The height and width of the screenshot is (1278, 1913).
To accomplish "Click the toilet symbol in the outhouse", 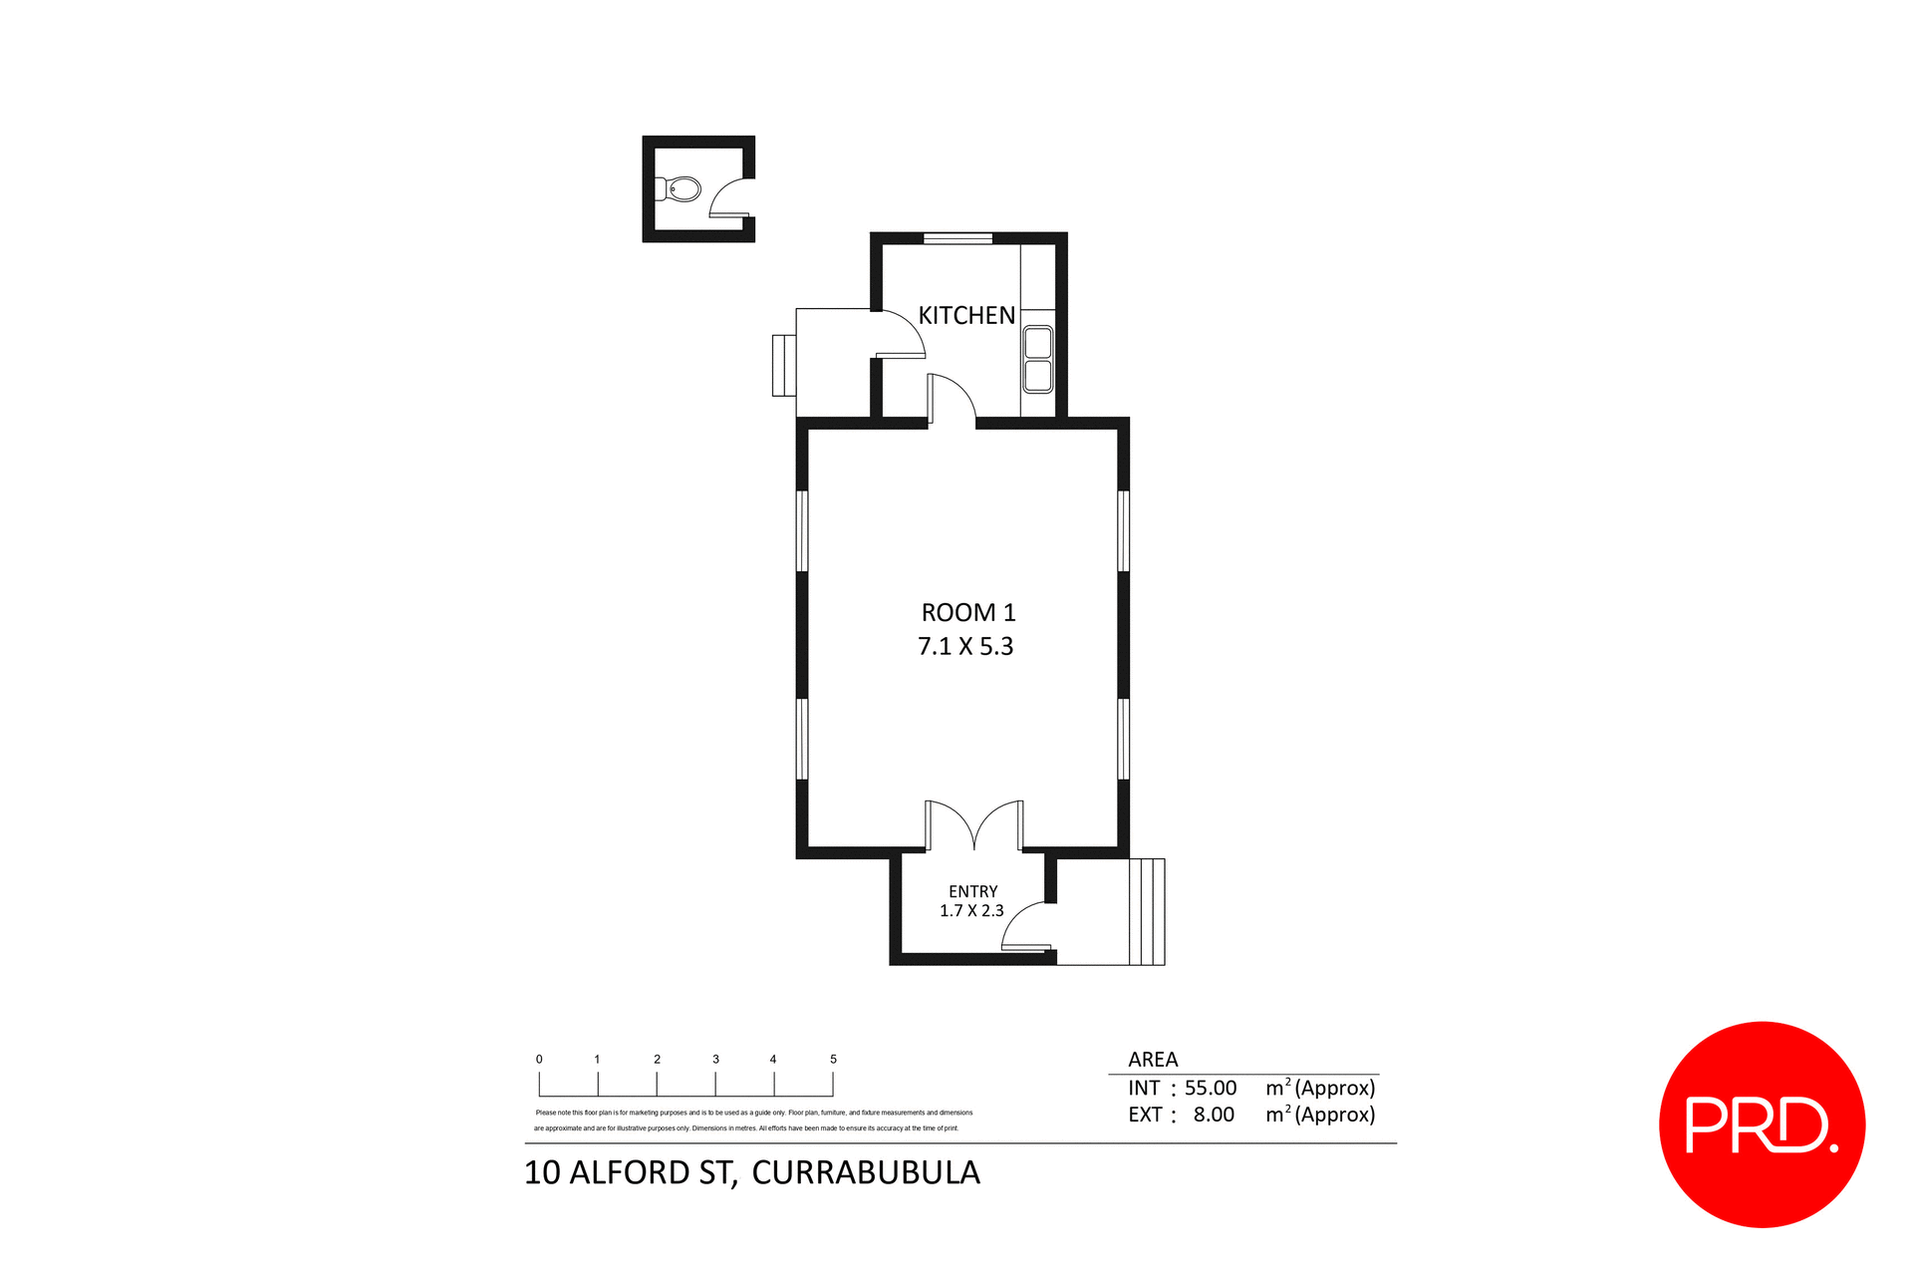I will [681, 188].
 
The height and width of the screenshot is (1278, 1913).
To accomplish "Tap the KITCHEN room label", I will [965, 316].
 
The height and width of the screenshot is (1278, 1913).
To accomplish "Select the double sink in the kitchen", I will [1038, 359].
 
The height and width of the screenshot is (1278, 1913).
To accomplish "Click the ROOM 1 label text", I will [967, 612].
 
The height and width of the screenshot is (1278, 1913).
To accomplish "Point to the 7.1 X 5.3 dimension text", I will [964, 647].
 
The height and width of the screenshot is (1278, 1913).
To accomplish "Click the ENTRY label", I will [972, 891].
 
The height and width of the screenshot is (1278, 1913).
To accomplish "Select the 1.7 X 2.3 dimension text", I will [971, 911].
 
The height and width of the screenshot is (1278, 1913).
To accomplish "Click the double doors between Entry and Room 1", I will [973, 825].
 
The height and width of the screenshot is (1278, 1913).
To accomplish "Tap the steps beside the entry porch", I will [1146, 911].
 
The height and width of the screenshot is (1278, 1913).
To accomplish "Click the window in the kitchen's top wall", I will [956, 238].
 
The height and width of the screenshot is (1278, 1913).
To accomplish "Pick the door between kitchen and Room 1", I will [952, 400].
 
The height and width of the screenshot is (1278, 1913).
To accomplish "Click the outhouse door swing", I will [730, 197].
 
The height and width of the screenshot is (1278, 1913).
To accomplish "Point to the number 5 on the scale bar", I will [833, 1060].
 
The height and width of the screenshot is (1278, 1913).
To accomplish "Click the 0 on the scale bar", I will [539, 1060].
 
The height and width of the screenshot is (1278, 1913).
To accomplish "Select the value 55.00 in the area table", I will [1210, 1089].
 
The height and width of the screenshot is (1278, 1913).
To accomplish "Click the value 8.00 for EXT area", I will [1214, 1115].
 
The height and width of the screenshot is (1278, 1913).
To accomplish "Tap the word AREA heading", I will [1153, 1060].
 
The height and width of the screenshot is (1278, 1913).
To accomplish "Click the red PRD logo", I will [1762, 1124].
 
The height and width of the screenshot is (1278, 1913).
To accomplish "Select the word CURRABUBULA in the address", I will [865, 1173].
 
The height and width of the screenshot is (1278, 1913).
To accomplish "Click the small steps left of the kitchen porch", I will [783, 366].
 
